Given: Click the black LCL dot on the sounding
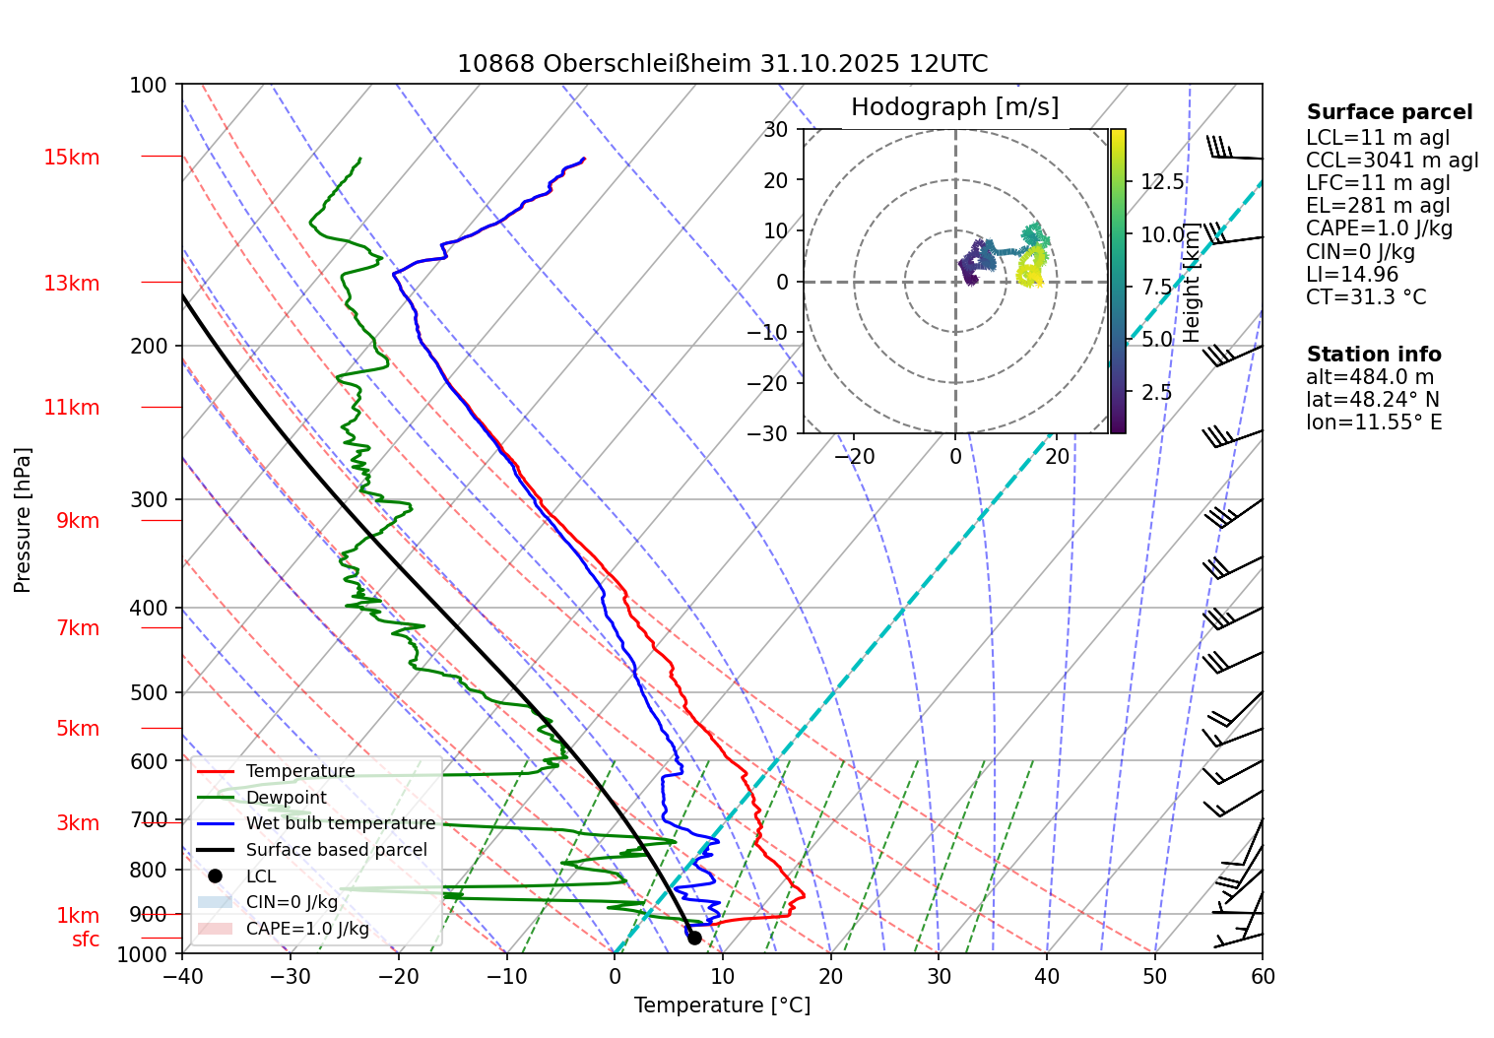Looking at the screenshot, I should tap(694, 938).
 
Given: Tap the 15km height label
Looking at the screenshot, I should tap(71, 158).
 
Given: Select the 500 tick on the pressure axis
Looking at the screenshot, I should tap(149, 693).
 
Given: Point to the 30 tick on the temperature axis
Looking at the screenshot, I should tap(939, 977).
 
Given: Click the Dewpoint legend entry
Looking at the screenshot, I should tap(286, 798).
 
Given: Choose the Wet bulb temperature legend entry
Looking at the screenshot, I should tap(340, 823).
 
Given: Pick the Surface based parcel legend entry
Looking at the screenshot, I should tap(336, 850).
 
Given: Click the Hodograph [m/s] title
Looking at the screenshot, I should tap(954, 107).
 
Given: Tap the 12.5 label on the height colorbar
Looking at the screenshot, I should tap(1162, 182).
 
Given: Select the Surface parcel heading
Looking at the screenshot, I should tap(1390, 112).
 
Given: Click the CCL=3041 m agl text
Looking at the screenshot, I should tap(1392, 161).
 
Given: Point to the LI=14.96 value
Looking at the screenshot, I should tap(1352, 275).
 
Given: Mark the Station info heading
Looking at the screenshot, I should tap(1374, 355).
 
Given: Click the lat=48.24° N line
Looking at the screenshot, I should tap(1373, 400).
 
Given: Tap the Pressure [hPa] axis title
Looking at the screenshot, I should tap(23, 520).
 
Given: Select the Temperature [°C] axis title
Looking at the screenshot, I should tap(722, 1006).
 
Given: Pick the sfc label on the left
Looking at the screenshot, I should tap(86, 940).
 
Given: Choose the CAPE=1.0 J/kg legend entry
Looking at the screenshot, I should tap(307, 929).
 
